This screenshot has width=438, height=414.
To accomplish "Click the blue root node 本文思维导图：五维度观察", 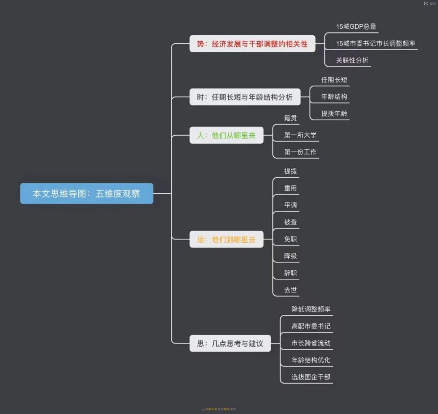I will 86,194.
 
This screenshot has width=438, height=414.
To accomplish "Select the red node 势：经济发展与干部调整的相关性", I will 252,44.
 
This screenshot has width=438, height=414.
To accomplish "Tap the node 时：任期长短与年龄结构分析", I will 245,97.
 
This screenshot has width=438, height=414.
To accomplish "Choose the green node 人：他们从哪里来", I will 226,136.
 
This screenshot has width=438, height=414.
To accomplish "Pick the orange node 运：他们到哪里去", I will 226,239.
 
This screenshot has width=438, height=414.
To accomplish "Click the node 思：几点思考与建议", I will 230,344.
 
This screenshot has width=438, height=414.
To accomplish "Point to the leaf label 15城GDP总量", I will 356,27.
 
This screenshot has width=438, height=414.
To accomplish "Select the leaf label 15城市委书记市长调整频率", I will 376,43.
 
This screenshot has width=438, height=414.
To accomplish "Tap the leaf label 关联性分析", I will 352,60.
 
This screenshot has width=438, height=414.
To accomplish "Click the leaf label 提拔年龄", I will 334,114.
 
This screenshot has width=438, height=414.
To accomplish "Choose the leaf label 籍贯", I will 290,118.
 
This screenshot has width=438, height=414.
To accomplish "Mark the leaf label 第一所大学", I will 300,135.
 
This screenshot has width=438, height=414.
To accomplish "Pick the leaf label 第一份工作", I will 300,152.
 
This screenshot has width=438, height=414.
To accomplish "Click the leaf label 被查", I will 290,222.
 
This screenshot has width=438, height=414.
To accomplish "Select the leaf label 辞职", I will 290,273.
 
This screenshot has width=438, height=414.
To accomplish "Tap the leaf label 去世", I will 290,290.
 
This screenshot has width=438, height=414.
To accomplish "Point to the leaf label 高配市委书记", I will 311,326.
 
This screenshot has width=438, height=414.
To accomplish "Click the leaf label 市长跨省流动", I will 311,343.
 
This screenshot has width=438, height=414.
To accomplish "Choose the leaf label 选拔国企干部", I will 311,377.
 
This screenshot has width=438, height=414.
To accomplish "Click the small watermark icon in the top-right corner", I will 426,3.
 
